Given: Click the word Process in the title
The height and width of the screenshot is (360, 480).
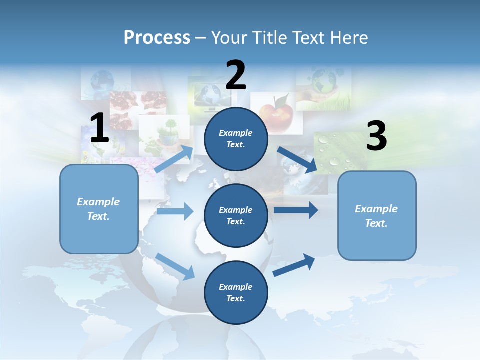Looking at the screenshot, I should [157, 37].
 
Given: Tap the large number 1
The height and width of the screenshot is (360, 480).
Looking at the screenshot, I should [99, 129].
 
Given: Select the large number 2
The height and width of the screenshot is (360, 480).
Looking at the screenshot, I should [236, 75].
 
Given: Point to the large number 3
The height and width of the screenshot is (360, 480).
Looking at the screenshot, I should [376, 136].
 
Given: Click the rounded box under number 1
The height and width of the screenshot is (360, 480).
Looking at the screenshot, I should [99, 209].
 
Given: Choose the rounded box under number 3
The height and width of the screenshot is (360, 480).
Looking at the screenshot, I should [377, 215].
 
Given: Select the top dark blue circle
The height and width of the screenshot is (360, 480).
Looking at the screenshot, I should [236, 138].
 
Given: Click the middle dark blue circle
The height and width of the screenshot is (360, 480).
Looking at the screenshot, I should [236, 215].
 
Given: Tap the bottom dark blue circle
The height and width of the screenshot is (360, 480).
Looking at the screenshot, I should [236, 292].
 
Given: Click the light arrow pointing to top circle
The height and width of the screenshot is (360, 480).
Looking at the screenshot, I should [174, 159].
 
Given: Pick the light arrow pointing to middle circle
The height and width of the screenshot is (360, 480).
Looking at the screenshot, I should [175, 211].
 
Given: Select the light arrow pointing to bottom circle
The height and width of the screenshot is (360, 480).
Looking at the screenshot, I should [175, 266].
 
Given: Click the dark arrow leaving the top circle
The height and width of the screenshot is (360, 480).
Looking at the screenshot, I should [297, 159].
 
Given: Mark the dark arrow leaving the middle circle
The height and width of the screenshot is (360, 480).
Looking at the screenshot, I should [295, 210].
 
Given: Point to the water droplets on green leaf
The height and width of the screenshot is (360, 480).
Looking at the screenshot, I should [335, 152].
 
